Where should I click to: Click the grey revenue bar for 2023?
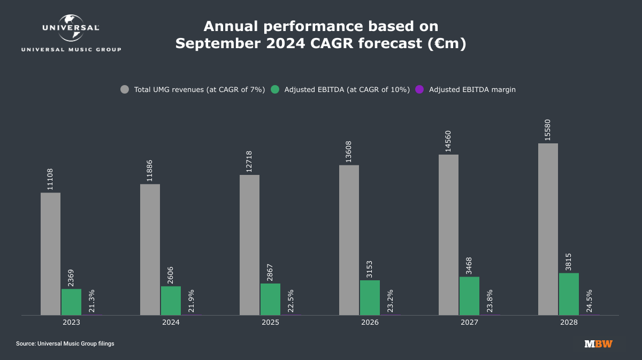coord(50,254)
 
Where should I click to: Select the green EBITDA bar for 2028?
coord(569,294)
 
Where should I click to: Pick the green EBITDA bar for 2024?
coord(171,301)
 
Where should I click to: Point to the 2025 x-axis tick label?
coord(270,323)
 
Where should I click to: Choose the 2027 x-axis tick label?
coord(469,323)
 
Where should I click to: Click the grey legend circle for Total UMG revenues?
coord(125,90)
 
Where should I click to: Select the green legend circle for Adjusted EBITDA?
coord(276,90)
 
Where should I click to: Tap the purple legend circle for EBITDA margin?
coord(420,90)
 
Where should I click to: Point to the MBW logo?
coord(598,344)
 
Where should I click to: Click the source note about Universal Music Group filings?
coord(65,344)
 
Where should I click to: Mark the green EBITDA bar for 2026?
coord(370,297)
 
